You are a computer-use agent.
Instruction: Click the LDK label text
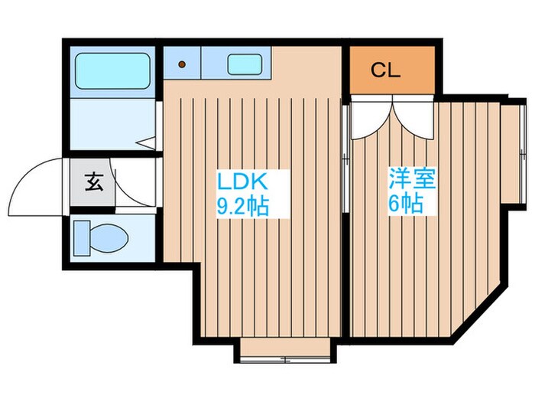242,183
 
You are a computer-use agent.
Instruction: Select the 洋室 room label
412,181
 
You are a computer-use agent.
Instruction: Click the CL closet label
386,70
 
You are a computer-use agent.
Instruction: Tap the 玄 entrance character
93,183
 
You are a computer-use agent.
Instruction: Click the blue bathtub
112,71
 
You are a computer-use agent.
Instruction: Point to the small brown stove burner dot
182,64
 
